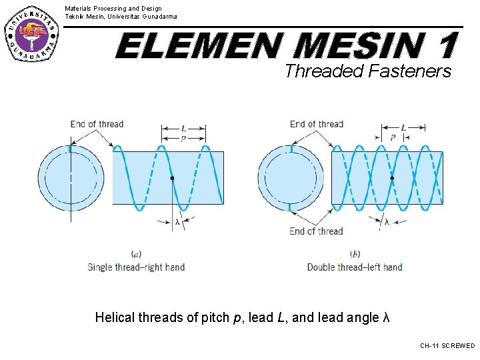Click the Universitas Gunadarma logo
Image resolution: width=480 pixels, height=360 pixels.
(x=31, y=32)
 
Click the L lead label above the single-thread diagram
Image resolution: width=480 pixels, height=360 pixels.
(x=183, y=127)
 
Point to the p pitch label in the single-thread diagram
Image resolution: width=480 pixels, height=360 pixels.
(x=183, y=138)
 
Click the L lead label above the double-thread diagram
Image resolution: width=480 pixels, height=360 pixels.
(x=403, y=127)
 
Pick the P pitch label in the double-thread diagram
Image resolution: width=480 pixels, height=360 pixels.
(x=393, y=138)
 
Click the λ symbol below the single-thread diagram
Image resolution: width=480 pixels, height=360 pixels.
(x=177, y=221)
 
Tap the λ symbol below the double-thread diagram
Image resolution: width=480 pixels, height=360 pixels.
(x=387, y=222)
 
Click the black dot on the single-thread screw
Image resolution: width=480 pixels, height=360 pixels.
(x=172, y=178)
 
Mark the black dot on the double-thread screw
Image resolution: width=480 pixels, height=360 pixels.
(x=392, y=178)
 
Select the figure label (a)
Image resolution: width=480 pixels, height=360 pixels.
(x=136, y=254)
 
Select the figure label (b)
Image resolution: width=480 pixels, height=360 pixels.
(x=355, y=254)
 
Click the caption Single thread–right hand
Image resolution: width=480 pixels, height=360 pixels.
(x=136, y=267)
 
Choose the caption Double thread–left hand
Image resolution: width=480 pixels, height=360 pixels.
(x=355, y=267)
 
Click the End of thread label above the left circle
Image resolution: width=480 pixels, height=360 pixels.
(x=97, y=124)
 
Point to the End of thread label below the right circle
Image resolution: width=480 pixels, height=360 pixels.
(x=317, y=231)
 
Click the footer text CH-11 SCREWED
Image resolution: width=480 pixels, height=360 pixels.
(x=447, y=346)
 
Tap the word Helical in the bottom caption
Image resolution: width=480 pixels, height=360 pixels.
(x=115, y=317)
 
